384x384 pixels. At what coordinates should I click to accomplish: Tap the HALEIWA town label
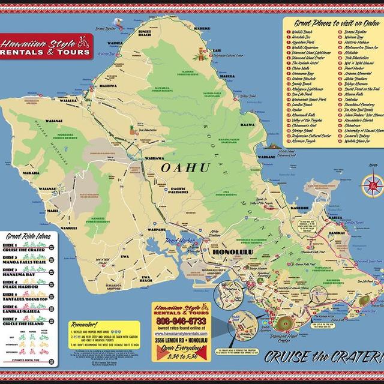(x=109, y=86)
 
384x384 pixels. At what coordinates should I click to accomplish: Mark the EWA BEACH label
(x=145, y=278)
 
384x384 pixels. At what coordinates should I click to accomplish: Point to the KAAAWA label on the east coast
(x=247, y=125)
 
